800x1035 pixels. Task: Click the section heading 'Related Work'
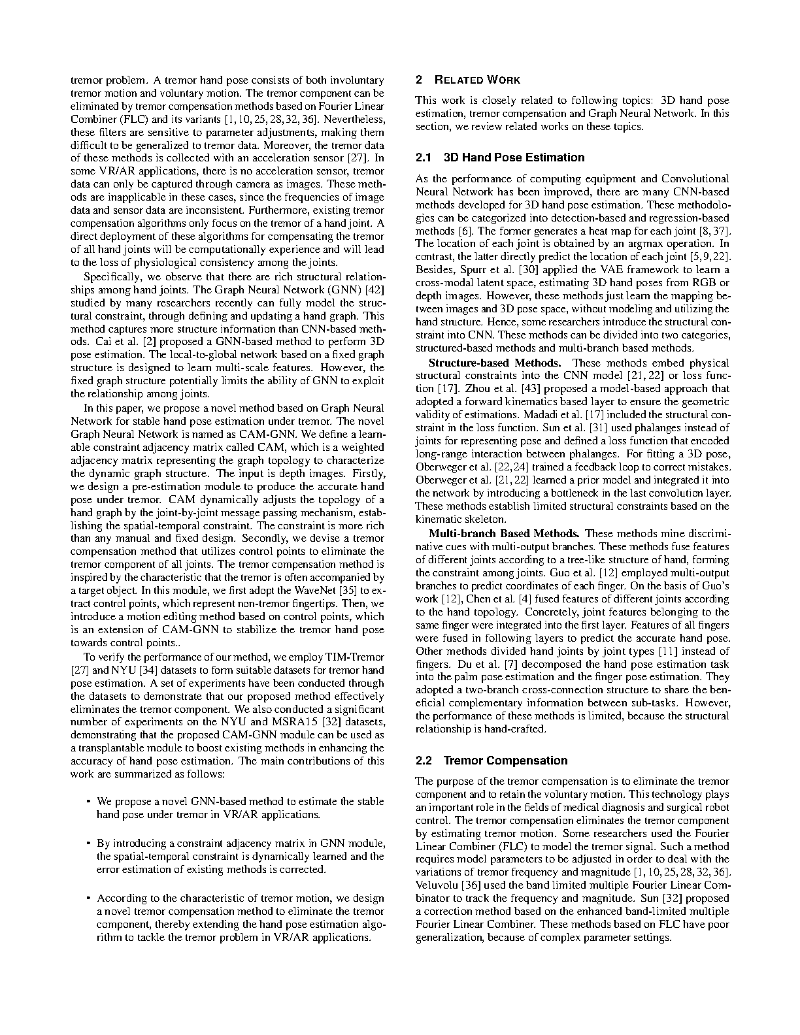coord(477,80)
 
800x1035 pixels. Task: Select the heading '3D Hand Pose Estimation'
coord(514,157)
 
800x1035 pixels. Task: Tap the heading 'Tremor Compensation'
coord(505,761)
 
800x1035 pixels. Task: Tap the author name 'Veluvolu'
coord(437,885)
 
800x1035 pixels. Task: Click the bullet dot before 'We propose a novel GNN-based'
coord(88,802)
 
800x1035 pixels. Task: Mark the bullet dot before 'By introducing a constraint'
coord(88,844)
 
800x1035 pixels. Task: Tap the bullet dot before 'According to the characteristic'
coord(88,898)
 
